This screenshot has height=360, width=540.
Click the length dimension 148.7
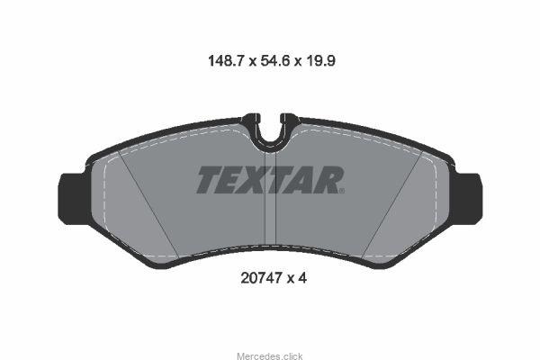[226, 61]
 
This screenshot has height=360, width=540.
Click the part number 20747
[261, 278]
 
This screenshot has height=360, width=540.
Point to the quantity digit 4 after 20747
[302, 278]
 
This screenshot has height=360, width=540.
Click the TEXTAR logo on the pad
[270, 179]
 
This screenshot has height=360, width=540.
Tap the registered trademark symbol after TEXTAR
[342, 191]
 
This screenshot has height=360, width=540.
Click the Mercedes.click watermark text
[270, 355]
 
